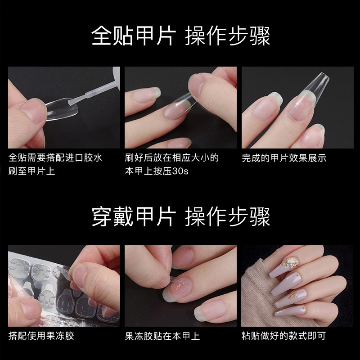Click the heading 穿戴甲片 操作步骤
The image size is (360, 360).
[x=180, y=217]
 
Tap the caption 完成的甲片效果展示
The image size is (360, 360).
[x=283, y=158]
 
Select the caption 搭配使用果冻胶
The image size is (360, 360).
[x=41, y=336]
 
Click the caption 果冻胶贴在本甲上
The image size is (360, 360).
[x=162, y=336]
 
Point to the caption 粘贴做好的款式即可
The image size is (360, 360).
[x=283, y=336]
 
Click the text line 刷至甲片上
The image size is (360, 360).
[x=31, y=171]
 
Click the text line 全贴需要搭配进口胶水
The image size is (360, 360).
[x=55, y=158]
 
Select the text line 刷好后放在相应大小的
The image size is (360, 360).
[x=172, y=158]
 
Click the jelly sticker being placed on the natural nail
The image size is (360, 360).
[x=180, y=284]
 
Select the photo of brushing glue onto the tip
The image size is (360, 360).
[x=64, y=108]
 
